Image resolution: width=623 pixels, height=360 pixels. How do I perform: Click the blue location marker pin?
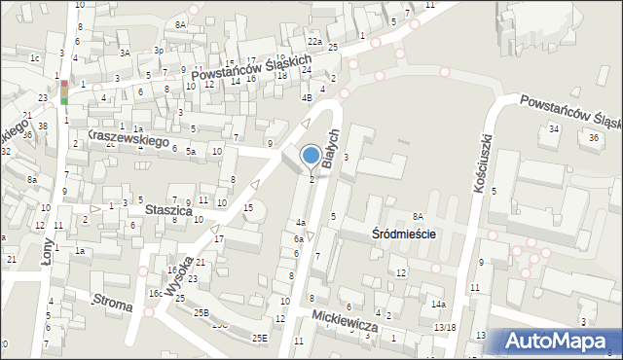[x=311, y=156]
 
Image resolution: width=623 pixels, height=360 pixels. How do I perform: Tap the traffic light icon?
[x=64, y=91]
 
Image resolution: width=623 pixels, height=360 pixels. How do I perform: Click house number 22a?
[x=313, y=42]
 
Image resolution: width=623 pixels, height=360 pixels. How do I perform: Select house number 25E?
[x=259, y=338]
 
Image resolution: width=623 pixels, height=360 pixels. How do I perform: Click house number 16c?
[x=155, y=293]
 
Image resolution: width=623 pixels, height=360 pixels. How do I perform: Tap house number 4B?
[x=307, y=97]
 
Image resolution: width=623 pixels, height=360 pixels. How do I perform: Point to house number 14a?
[x=439, y=305]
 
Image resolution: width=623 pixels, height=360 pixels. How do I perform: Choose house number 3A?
[x=125, y=53]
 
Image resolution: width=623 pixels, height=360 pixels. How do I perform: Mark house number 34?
[x=554, y=128]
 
